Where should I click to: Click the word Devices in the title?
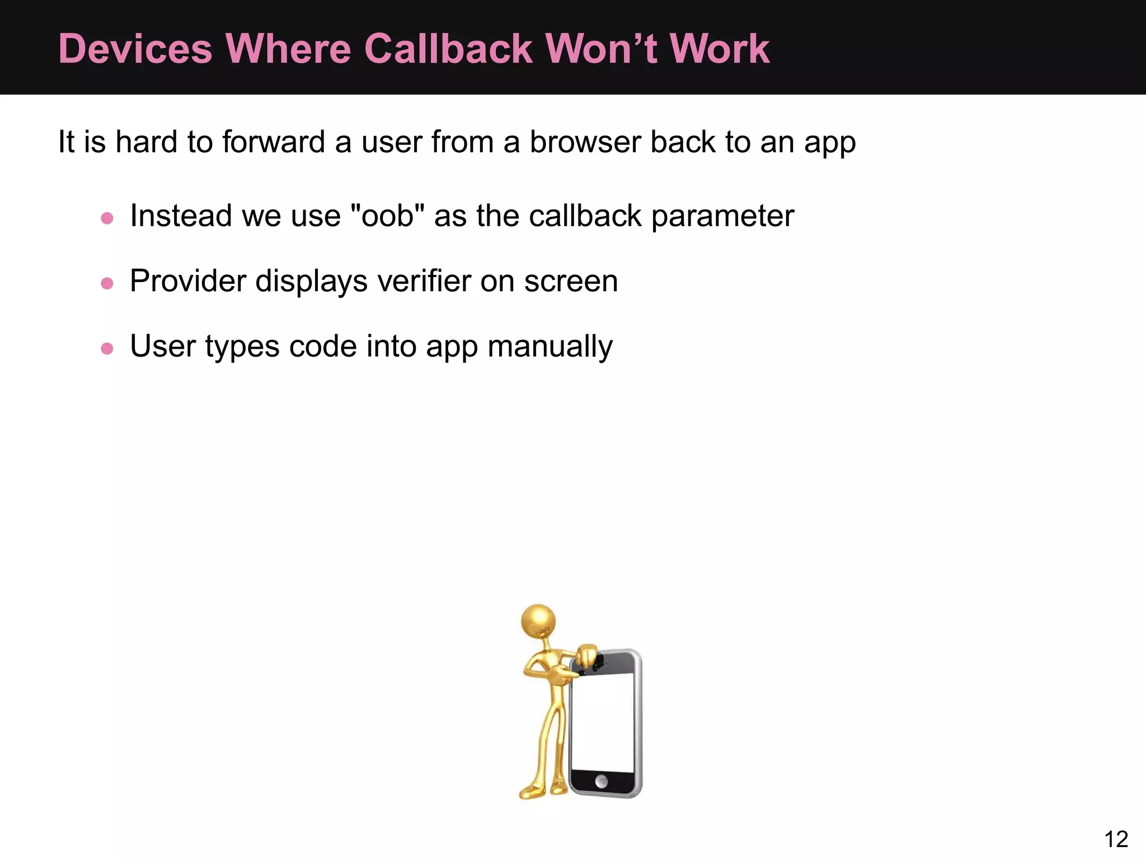pyautogui.click(x=135, y=49)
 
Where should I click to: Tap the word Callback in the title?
pyautogui.click(x=448, y=49)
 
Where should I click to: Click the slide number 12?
pyautogui.click(x=1116, y=839)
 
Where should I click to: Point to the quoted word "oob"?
pyautogui.click(x=387, y=216)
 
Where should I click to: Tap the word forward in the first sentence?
pyautogui.click(x=274, y=142)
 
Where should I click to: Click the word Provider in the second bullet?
pyautogui.click(x=188, y=281)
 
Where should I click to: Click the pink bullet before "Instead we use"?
pyautogui.click(x=107, y=218)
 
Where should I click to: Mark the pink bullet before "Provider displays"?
pyautogui.click(x=107, y=283)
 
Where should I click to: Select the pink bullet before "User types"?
pyautogui.click(x=107, y=349)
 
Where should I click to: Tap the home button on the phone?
pyautogui.click(x=602, y=781)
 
